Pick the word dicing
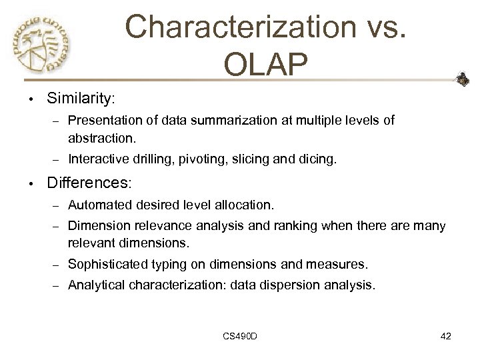pos(319,159)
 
